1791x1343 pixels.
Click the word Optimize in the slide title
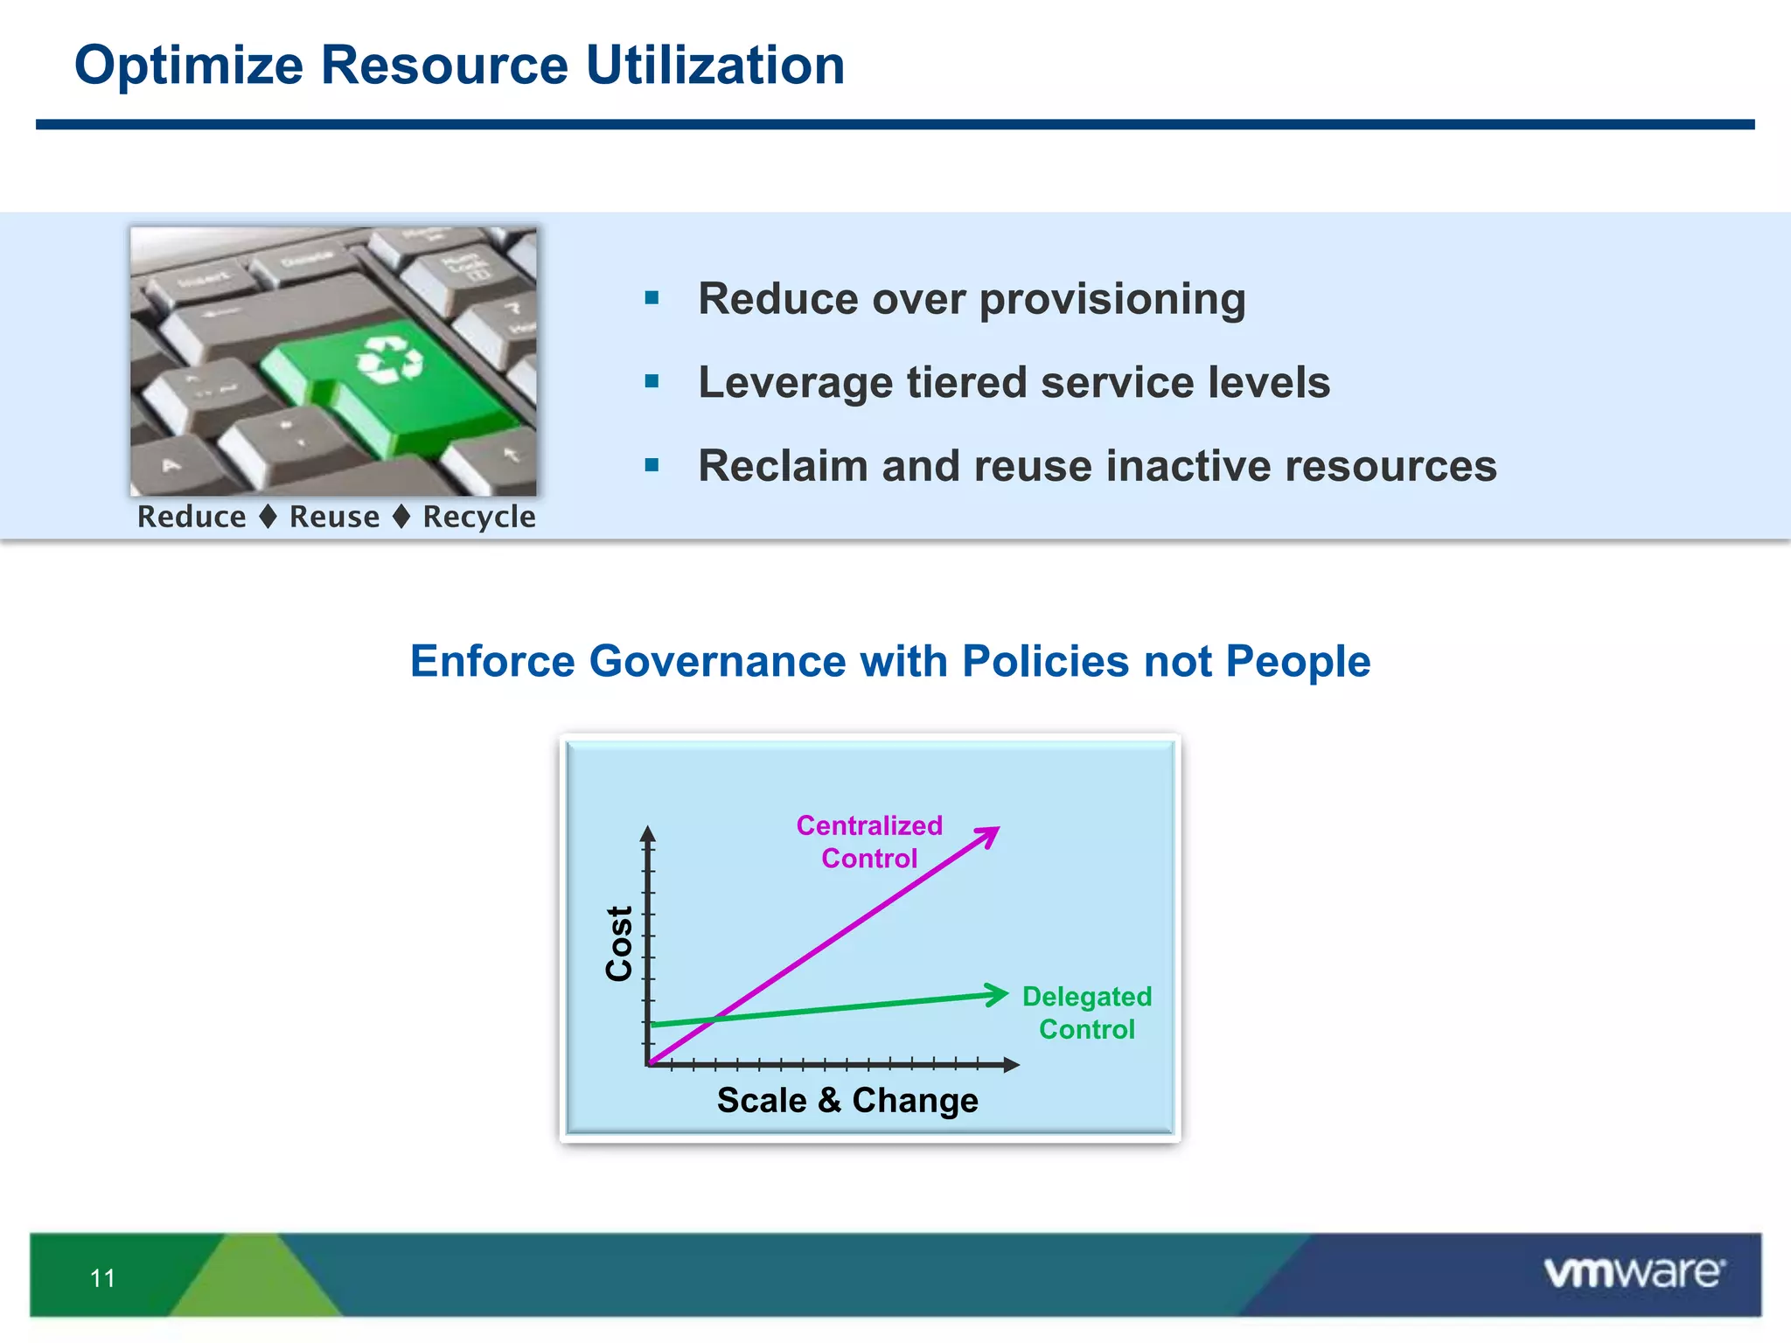[188, 66]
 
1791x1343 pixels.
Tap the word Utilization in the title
[714, 66]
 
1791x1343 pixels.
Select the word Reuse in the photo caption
[334, 517]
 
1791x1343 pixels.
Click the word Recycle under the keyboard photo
[478, 517]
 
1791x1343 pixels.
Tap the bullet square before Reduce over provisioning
[652, 299]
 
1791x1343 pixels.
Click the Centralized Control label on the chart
[869, 841]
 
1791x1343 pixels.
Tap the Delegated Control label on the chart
[1086, 1012]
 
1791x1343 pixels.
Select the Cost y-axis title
[619, 943]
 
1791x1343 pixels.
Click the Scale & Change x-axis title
[847, 1100]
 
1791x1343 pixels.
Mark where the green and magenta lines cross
[716, 1019]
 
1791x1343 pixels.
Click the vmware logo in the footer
[1634, 1273]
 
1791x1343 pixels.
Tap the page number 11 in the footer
[102, 1278]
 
